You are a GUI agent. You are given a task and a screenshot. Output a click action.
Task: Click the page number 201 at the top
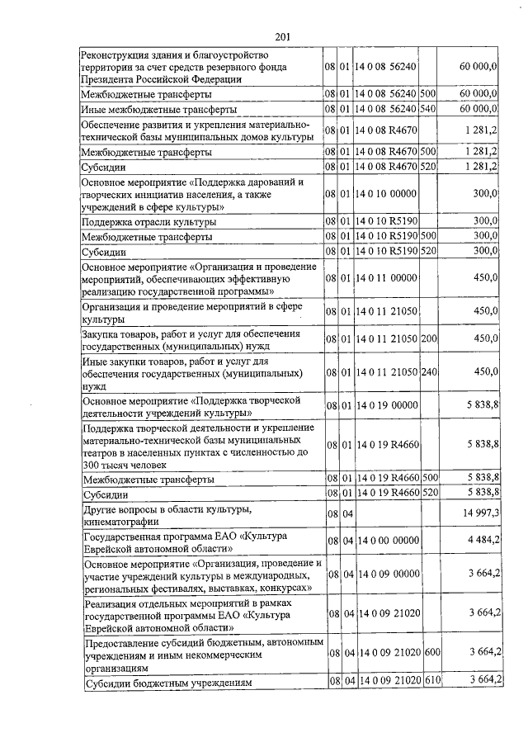coord(281,36)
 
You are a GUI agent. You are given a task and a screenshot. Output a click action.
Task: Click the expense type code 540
coord(428,108)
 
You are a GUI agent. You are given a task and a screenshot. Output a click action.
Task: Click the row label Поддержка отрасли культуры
coord(149,222)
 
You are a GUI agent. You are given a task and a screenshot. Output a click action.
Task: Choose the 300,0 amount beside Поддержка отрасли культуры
coord(485,221)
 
